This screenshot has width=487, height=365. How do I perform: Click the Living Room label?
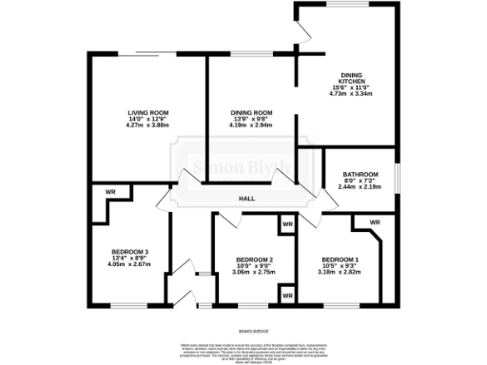click(147, 113)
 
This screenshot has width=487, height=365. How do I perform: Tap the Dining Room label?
click(251, 113)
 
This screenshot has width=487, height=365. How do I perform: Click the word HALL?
click(246, 199)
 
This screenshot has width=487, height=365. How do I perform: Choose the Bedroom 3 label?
click(130, 251)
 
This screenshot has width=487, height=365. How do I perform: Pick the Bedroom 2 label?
click(254, 259)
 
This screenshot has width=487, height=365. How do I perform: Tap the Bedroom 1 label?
click(340, 259)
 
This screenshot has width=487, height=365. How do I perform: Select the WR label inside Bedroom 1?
click(374, 222)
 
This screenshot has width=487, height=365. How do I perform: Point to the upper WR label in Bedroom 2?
click(286, 225)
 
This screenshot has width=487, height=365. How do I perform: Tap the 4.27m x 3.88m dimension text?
click(147, 126)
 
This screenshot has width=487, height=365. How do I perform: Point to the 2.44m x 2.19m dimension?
click(359, 187)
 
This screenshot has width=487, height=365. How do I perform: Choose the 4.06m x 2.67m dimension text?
click(130, 264)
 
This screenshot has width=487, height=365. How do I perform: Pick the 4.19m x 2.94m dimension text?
click(251, 126)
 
